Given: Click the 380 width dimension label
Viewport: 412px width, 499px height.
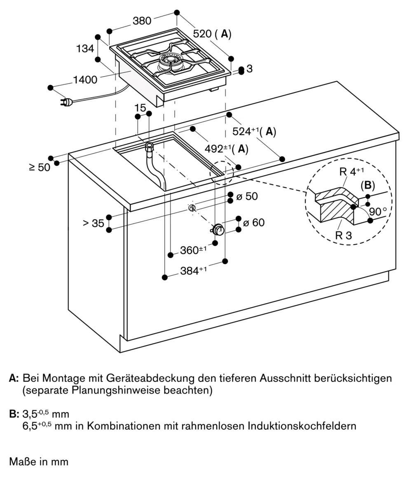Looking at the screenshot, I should click(x=142, y=21).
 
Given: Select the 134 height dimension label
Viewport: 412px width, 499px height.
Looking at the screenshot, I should click(x=85, y=49).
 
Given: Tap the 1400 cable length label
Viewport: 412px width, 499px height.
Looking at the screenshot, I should click(x=85, y=79).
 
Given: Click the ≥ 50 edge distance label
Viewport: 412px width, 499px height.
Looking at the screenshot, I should click(x=40, y=167).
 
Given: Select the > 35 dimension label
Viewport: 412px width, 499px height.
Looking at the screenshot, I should click(x=93, y=223).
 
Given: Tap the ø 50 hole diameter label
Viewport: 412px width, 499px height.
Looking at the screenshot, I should click(x=247, y=196).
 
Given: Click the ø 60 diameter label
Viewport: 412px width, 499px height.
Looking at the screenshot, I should click(x=253, y=223).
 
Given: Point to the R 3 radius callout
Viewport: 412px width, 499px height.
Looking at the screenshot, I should click(x=343, y=236).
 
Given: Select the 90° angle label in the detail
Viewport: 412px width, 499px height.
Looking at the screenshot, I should click(x=378, y=212).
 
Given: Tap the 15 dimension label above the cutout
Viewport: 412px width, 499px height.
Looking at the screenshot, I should click(x=140, y=108).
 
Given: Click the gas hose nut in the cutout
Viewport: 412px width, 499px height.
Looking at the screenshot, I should click(x=150, y=147).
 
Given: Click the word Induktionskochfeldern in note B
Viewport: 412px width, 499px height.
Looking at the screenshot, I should click(x=302, y=426).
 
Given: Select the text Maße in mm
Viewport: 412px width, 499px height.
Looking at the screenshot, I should click(x=39, y=462).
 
